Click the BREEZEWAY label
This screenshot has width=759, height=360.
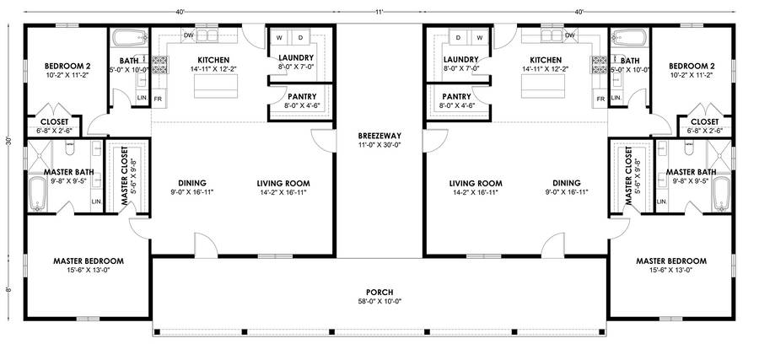click(x=379, y=136)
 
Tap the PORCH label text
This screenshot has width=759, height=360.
click(x=379, y=293)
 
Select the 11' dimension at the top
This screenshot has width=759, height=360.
click(x=379, y=12)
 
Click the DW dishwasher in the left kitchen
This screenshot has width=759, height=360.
click(x=189, y=35)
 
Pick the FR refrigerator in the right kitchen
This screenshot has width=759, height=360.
click(x=600, y=99)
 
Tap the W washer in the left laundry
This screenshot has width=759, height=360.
click(x=279, y=38)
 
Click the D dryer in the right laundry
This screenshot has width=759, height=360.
click(x=457, y=37)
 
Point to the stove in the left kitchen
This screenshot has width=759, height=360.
click(x=159, y=65)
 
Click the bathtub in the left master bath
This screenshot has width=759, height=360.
click(x=37, y=194)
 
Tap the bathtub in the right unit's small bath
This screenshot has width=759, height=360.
click(x=629, y=37)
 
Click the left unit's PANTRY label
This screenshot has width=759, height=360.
click(x=302, y=97)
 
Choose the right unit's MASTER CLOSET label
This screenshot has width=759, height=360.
click(x=629, y=176)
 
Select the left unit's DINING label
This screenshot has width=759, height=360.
click(x=192, y=184)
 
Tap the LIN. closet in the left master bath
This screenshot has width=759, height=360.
click(x=96, y=201)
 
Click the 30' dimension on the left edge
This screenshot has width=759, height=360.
click(x=8, y=142)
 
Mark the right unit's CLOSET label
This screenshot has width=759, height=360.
click(x=705, y=122)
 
